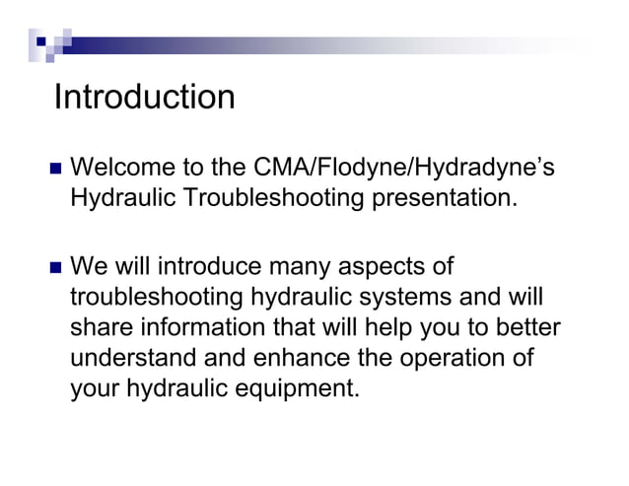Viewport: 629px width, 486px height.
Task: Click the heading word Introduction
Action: (x=145, y=98)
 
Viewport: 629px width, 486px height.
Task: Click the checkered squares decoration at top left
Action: (x=49, y=40)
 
